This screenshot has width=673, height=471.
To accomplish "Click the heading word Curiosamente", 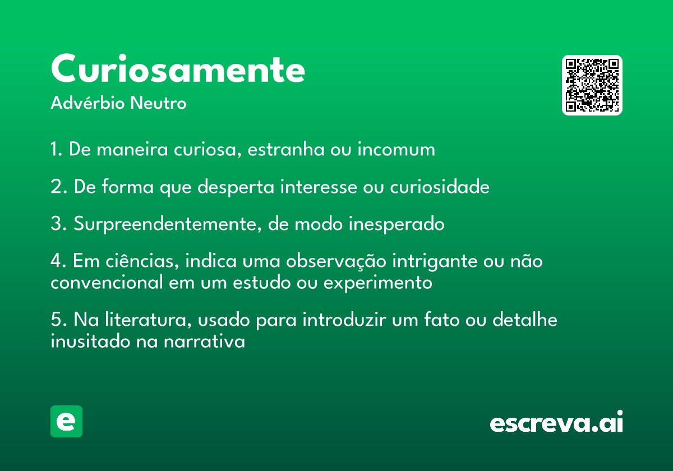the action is click(178, 68).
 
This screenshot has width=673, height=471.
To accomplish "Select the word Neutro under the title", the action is click(158, 103).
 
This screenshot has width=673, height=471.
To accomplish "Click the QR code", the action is click(592, 85).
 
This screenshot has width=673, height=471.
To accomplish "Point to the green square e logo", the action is click(66, 421).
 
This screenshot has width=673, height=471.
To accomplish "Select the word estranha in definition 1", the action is click(286, 149).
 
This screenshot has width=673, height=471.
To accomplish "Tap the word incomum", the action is click(397, 149).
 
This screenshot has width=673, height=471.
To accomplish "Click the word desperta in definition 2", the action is click(236, 187).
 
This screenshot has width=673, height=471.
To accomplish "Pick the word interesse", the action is click(319, 187).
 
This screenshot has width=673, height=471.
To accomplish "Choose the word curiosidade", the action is click(440, 186).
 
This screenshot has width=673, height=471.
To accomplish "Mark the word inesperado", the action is click(397, 224).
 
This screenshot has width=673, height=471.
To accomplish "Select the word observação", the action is click(336, 261).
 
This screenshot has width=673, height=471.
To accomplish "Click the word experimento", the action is click(377, 283).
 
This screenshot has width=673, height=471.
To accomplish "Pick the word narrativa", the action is click(204, 341).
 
